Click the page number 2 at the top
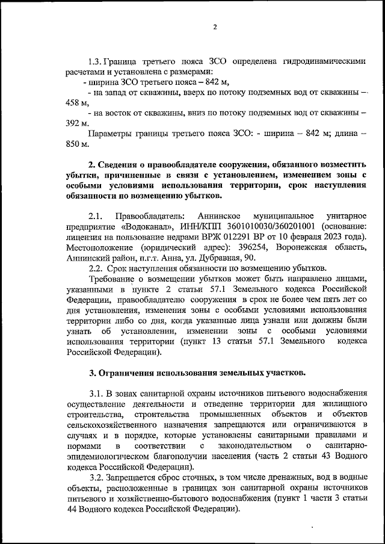215,27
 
